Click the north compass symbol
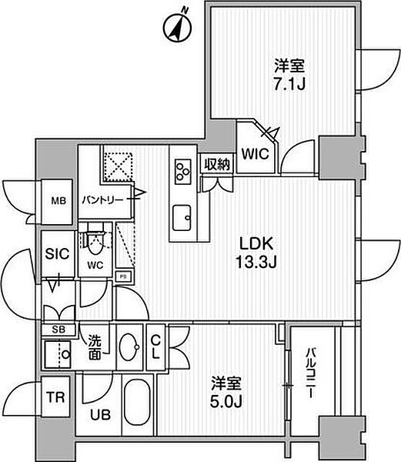tap(177, 26)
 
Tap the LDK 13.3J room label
tap(256, 253)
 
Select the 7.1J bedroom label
tap(289, 75)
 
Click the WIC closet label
tap(256, 154)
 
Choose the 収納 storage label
tap(217, 165)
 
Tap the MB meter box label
tap(58, 201)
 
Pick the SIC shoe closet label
tap(58, 253)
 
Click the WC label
tap(95, 266)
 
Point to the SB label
tap(58, 330)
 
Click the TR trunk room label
tap(56, 397)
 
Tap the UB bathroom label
tap(100, 415)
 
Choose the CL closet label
tap(155, 348)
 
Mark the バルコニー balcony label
tap(310, 373)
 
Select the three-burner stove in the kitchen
tap(183, 172)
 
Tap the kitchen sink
tap(182, 218)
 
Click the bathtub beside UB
tap(136, 402)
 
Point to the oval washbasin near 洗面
tap(129, 346)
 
